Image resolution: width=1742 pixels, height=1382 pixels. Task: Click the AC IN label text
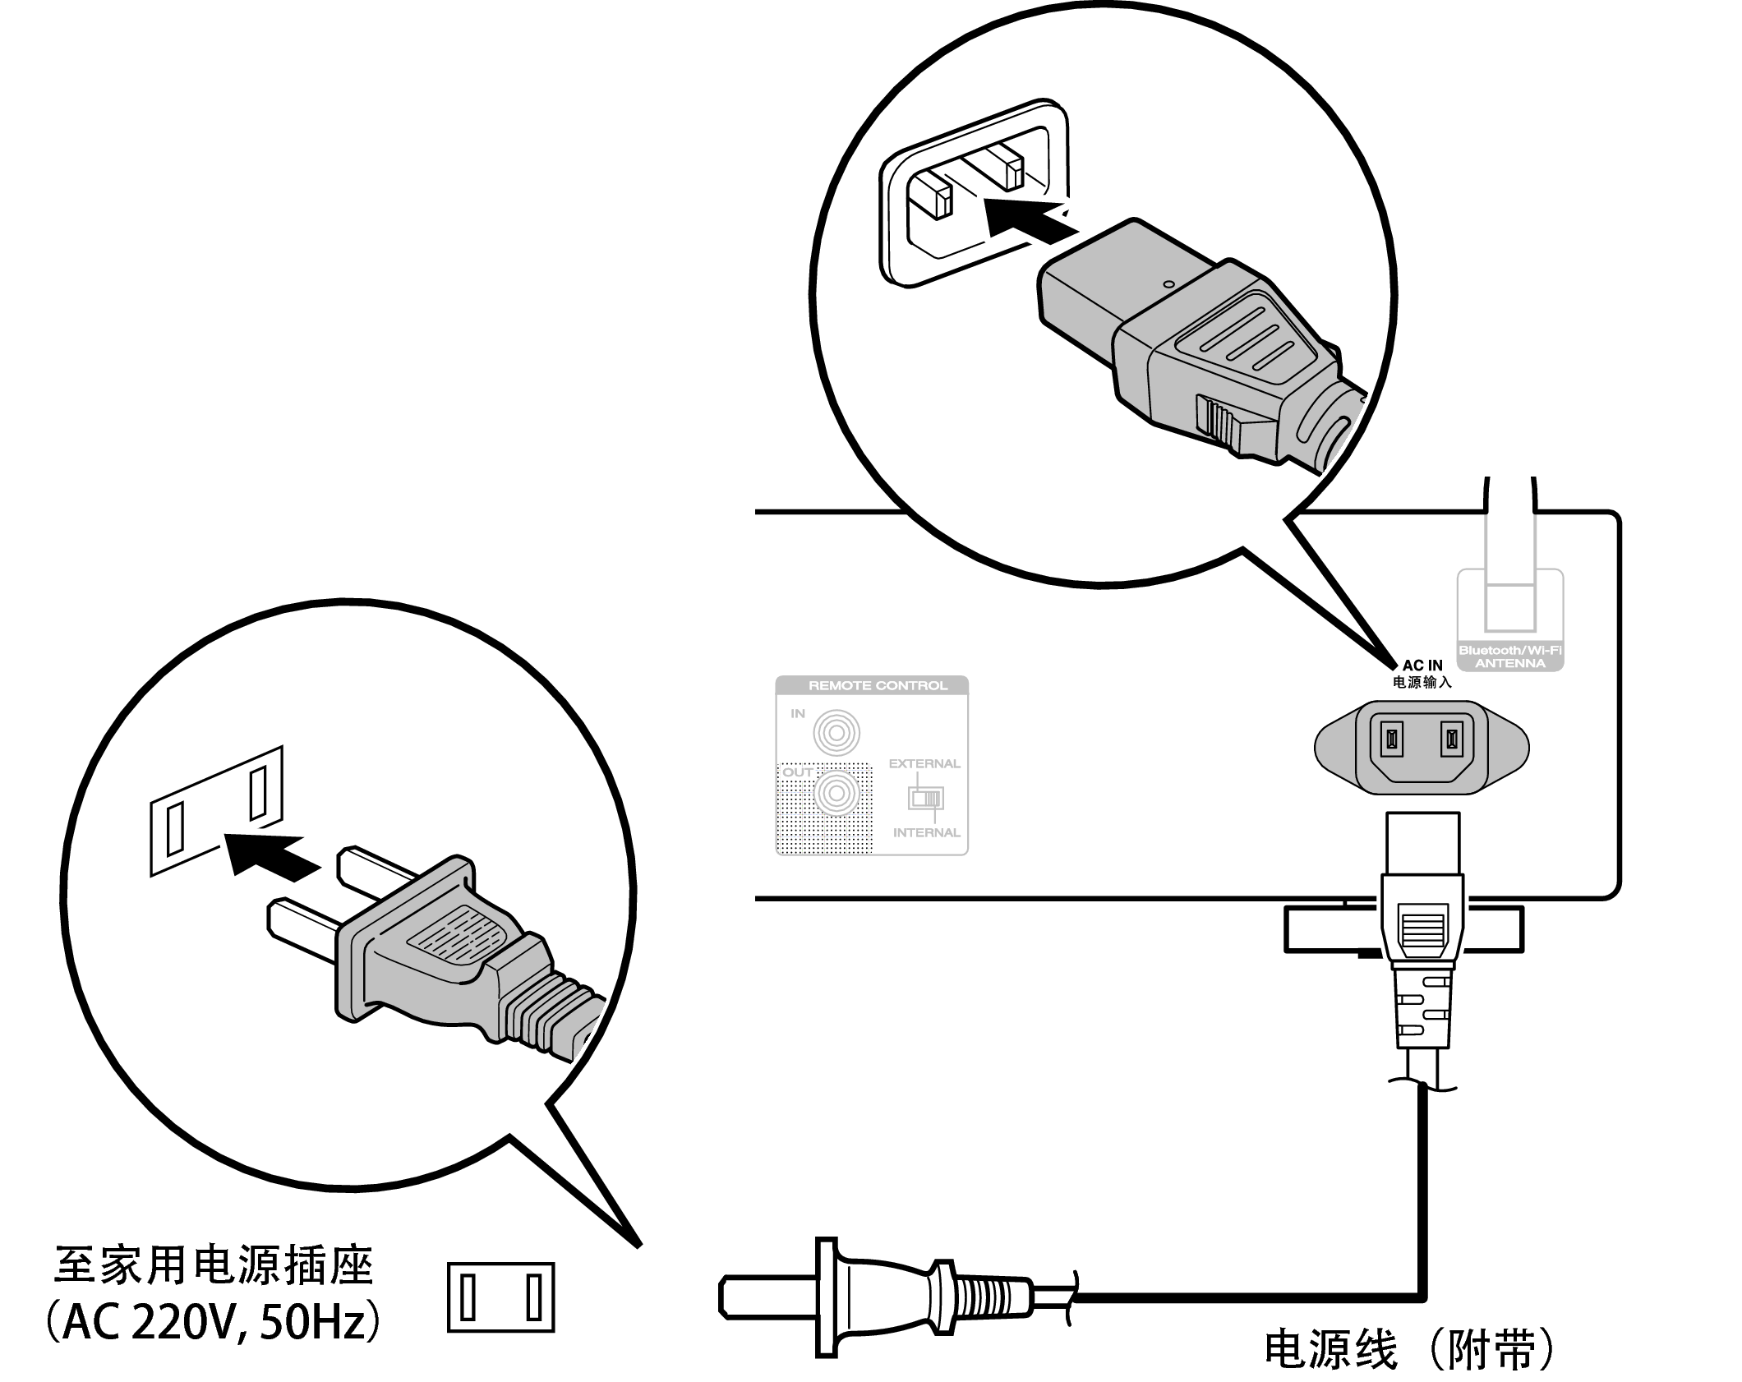click(x=1422, y=666)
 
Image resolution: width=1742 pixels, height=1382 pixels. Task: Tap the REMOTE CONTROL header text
click(x=878, y=685)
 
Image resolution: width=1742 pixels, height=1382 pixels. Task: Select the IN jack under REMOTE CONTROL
click(x=836, y=732)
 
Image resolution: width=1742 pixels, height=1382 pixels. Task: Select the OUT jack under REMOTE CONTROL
click(x=836, y=794)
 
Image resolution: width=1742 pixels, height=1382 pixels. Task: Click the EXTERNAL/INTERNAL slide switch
click(x=925, y=798)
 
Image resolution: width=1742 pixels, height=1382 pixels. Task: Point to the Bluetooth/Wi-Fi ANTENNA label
click(x=1510, y=656)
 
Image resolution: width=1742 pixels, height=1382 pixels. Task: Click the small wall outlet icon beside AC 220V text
click(x=500, y=1297)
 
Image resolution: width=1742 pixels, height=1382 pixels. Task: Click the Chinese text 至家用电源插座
click(x=213, y=1266)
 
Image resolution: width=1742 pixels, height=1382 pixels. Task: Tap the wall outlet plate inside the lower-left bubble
click(x=216, y=811)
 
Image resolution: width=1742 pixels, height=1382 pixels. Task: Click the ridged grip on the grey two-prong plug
click(x=459, y=935)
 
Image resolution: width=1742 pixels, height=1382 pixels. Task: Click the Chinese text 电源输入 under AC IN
click(x=1422, y=682)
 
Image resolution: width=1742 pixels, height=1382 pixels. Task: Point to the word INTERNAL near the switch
click(x=926, y=832)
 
